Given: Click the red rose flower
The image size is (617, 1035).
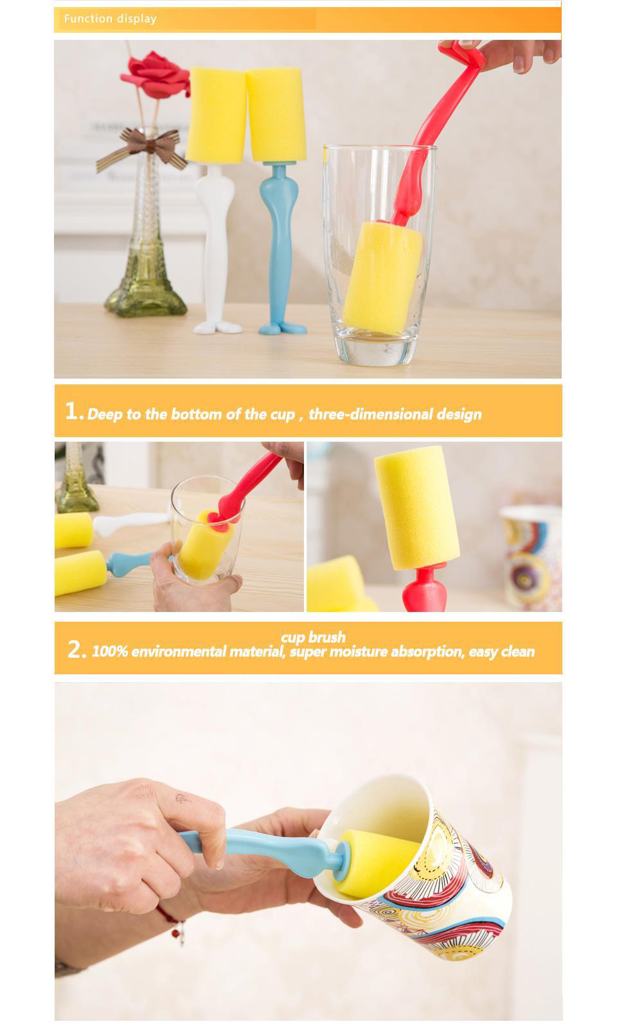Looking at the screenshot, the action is [156, 75].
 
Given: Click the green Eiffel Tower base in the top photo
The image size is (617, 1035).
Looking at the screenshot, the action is [145, 296].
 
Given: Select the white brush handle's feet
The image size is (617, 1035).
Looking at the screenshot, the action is [217, 327].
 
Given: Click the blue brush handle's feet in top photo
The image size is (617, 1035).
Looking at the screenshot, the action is [282, 328].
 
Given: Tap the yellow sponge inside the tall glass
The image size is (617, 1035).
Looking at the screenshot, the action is [382, 277].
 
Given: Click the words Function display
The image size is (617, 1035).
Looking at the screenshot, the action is [111, 19].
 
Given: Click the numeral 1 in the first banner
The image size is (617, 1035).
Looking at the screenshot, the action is [71, 410].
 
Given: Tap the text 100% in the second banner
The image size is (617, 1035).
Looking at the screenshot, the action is [110, 651].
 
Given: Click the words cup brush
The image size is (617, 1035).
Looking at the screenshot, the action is [313, 636].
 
